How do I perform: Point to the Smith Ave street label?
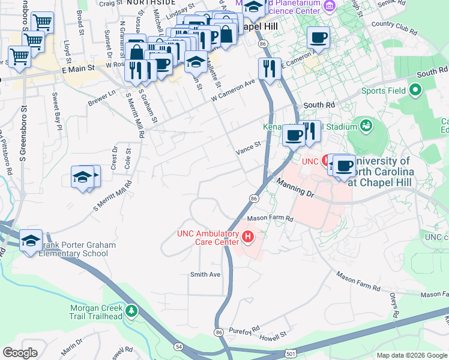(x=205, y=274)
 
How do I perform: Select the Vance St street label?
(x=249, y=144)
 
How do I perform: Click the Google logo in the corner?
(x=20, y=352)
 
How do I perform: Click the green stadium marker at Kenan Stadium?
(x=365, y=126)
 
